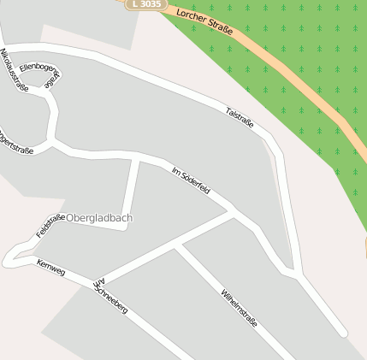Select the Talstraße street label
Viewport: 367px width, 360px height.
point(240,117)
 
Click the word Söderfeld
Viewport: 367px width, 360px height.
point(196,183)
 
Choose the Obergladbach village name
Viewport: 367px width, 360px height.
point(98,218)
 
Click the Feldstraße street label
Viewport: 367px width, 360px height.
point(50,226)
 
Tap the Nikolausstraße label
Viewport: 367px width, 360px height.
point(15,70)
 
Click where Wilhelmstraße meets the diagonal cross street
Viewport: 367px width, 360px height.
point(177,248)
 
